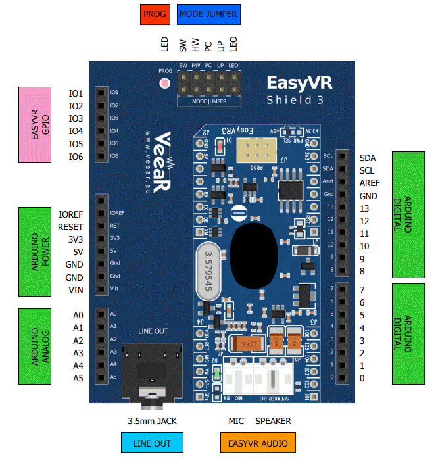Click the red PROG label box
click(x=155, y=13)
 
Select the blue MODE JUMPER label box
click(x=208, y=13)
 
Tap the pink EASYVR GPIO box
click(x=36, y=124)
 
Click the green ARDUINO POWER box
click(x=36, y=251)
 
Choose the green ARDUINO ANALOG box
click(x=36, y=346)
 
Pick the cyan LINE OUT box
click(x=152, y=443)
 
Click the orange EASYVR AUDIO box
click(x=258, y=443)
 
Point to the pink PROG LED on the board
click(x=164, y=84)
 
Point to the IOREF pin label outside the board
click(x=70, y=214)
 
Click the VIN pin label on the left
click(x=76, y=290)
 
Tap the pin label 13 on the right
click(x=364, y=208)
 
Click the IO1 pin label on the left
click(x=76, y=93)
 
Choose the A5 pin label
click(x=78, y=378)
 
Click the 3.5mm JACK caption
click(x=152, y=421)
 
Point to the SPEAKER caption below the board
click(x=273, y=421)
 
